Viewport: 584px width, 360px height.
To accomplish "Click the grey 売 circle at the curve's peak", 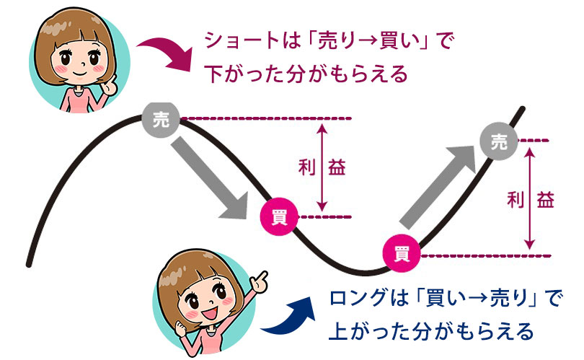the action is (161, 119).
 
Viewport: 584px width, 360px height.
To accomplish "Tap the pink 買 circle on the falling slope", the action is (279, 216).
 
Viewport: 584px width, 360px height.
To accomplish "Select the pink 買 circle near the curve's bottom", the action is (402, 254).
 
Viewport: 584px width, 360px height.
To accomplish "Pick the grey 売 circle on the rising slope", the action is (499, 141).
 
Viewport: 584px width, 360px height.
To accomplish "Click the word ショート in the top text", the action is (242, 40).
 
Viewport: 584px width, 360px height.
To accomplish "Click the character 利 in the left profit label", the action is (307, 167).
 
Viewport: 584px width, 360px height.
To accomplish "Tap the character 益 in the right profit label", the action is (545, 199).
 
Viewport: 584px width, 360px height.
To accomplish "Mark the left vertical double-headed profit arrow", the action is (322, 167).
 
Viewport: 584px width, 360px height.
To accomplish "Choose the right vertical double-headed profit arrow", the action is (529, 198).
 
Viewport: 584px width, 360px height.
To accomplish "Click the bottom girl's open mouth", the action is (210, 313).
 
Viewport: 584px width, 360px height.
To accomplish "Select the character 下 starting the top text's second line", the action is (214, 74).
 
